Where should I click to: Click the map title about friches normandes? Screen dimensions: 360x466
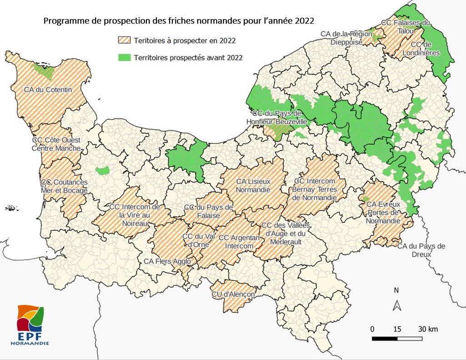click(179, 21)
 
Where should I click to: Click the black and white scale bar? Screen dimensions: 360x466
click(398, 338)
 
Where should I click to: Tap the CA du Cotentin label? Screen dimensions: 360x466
click(48, 90)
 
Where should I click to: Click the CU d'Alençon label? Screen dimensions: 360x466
click(233, 294)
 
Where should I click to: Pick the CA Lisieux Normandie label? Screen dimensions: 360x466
click(253, 186)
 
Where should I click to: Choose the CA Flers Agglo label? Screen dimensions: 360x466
click(167, 261)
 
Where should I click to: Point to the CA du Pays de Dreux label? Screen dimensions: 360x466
click(421, 250)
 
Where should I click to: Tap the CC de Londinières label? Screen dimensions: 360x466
click(425, 49)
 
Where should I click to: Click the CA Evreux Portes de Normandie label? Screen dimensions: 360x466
click(384, 213)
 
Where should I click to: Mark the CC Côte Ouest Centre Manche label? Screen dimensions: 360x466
click(56, 144)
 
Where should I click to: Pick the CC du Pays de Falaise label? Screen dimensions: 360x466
click(209, 211)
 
